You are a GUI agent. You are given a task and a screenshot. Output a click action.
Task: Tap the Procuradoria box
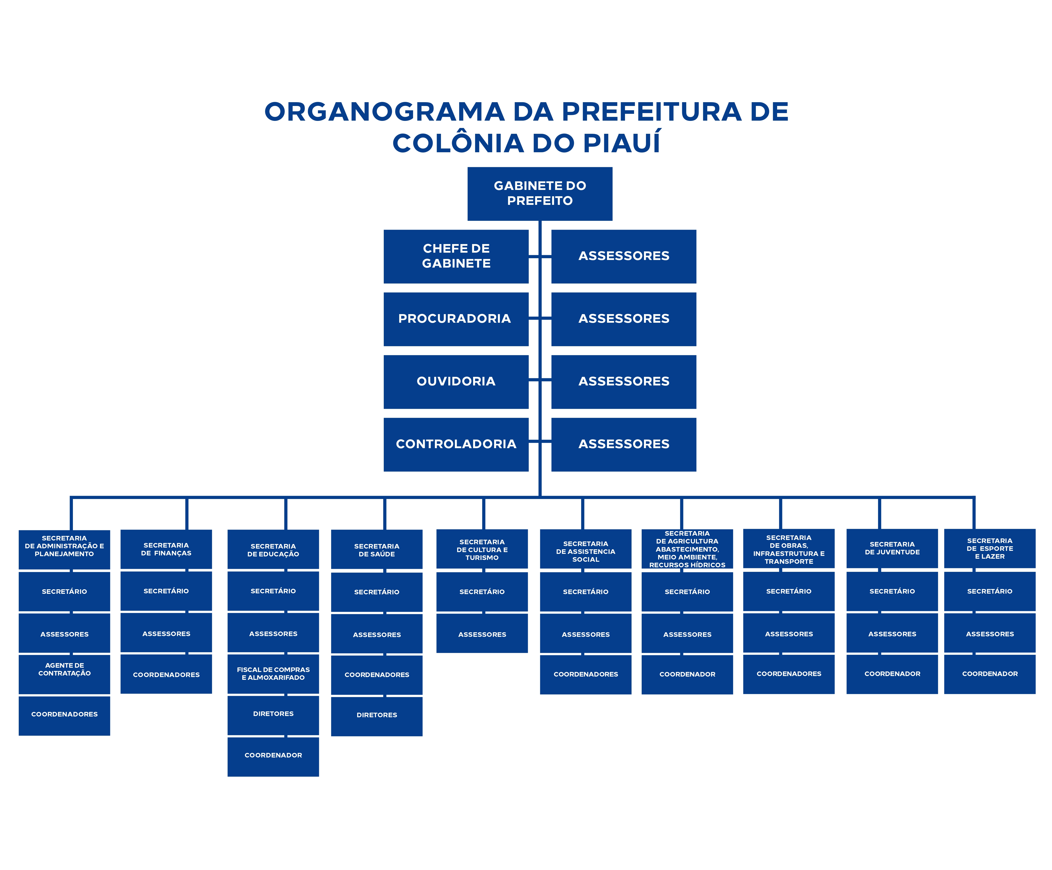click(x=456, y=319)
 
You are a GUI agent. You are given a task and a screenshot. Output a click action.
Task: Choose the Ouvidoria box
click(x=456, y=381)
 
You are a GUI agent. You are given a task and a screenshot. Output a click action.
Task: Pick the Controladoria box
click(x=456, y=444)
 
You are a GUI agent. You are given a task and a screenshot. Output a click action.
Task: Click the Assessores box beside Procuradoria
click(x=624, y=319)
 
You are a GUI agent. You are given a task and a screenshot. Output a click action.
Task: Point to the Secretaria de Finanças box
click(x=166, y=549)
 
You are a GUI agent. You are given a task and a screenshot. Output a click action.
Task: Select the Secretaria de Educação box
click(x=273, y=550)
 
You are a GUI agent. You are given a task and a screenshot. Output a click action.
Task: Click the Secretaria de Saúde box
click(x=377, y=550)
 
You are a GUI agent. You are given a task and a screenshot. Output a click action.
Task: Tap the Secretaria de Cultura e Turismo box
click(x=482, y=549)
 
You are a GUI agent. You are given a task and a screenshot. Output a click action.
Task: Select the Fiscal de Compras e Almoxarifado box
click(x=273, y=673)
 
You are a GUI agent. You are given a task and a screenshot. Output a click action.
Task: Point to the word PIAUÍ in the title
click(x=621, y=143)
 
